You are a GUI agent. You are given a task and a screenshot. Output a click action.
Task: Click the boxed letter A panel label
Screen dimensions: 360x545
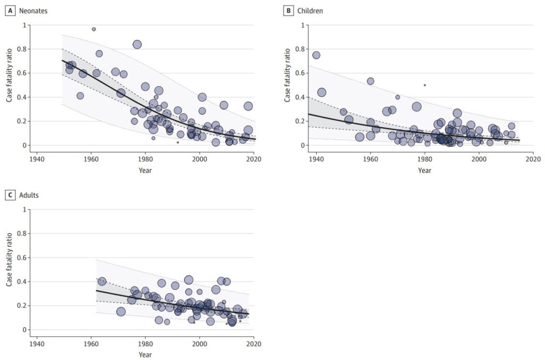9,11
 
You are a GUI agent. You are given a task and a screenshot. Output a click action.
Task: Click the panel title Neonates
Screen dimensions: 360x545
31,11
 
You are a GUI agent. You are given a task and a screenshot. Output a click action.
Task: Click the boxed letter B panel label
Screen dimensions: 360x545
288,11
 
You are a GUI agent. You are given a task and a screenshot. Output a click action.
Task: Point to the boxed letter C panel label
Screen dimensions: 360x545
9,195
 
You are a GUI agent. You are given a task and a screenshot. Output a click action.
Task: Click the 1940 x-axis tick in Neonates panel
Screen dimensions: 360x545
37,159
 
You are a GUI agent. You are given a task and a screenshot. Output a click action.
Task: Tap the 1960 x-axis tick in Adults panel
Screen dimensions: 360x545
91,344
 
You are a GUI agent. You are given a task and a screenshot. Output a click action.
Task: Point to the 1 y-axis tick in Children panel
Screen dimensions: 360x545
302,25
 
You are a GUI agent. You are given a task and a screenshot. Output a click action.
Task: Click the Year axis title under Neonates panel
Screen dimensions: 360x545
145,170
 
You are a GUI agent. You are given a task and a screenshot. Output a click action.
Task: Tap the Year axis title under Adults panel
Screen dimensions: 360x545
145,355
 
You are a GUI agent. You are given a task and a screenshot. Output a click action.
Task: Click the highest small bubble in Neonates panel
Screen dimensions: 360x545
94,29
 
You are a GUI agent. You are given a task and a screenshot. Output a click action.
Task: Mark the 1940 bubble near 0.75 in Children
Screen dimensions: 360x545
316,55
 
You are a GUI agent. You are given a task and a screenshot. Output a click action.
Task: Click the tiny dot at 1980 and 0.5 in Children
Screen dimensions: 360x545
425,85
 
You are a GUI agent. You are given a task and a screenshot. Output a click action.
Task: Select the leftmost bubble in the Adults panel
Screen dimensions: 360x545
102,281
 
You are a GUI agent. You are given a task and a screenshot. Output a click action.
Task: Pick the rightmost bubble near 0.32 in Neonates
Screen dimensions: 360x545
248,106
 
